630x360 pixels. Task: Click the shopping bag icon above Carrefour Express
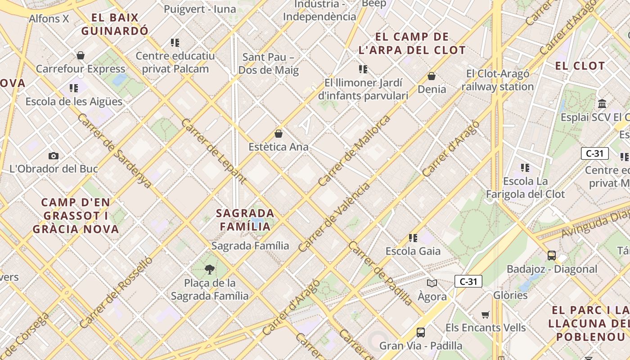(x=81, y=55)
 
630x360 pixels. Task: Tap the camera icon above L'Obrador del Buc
(x=54, y=156)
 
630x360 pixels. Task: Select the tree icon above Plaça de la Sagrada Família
(x=209, y=270)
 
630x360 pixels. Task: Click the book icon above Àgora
(x=432, y=283)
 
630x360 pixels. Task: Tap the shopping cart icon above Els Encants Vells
(x=485, y=314)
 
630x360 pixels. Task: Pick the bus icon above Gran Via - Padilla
(x=420, y=333)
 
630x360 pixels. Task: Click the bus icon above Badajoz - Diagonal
(x=552, y=256)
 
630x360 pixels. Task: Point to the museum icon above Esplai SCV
(x=602, y=104)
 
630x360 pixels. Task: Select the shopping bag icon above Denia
(x=432, y=76)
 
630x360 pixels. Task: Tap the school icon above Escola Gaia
(x=413, y=238)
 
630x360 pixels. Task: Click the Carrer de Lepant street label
(x=213, y=151)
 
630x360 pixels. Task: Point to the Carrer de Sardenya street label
(x=114, y=151)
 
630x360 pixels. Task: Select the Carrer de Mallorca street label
(x=354, y=151)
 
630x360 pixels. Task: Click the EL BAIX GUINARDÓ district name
(x=115, y=24)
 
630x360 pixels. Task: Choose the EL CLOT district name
(x=580, y=66)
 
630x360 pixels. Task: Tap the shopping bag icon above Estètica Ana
(x=279, y=134)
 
